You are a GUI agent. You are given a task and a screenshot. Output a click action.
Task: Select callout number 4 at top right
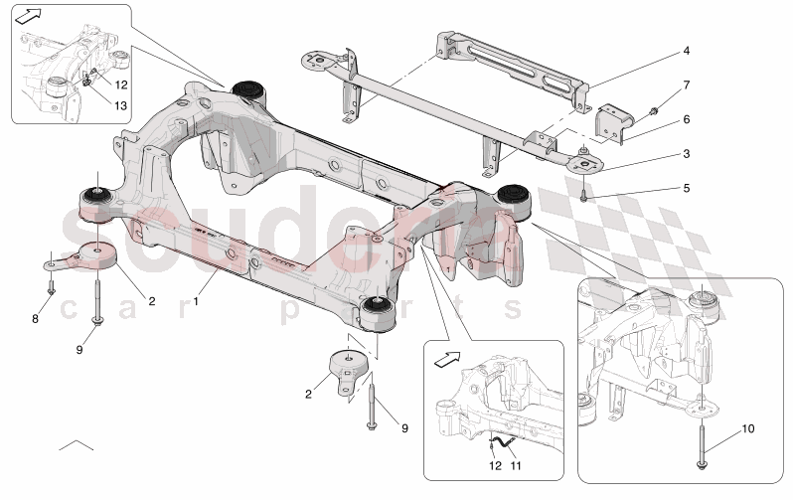685,50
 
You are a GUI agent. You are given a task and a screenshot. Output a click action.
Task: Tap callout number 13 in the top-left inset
121,106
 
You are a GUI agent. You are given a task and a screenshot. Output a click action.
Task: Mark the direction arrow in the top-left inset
32,16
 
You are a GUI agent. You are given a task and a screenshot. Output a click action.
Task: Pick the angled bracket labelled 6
608,125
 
